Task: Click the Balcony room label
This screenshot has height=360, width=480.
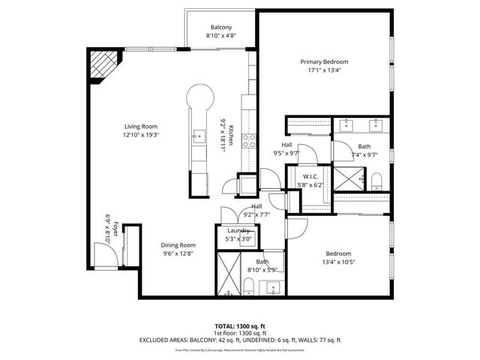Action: (220, 27)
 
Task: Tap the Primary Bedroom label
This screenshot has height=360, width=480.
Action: (324, 61)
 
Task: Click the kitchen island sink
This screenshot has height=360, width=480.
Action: (199, 136)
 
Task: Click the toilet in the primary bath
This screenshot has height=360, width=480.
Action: (378, 179)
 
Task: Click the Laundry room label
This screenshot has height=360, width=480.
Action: (238, 230)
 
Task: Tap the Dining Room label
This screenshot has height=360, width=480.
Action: (179, 244)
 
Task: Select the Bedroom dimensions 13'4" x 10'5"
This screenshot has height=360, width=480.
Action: (339, 262)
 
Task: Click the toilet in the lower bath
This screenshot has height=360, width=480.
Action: (247, 285)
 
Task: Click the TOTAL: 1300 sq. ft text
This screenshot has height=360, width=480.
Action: (239, 326)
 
